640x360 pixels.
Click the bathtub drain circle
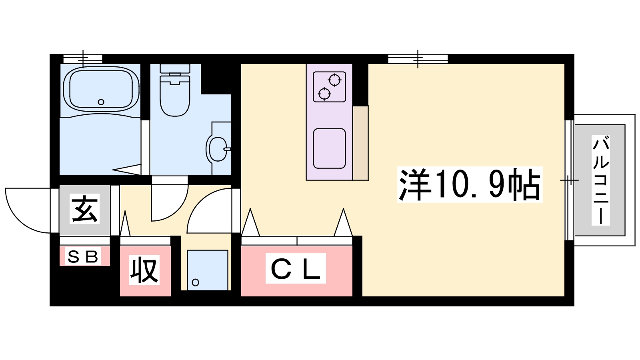click(101, 102)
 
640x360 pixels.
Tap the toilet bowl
click(175, 96)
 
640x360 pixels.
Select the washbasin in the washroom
click(218, 149)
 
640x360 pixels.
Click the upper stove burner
click(334, 80)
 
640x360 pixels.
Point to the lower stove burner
click(324, 94)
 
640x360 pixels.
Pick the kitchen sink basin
click(330, 148)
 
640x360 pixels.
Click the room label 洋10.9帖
click(470, 184)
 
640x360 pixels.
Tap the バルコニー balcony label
click(600, 180)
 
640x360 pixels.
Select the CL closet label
click(296, 268)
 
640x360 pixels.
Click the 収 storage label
click(144, 270)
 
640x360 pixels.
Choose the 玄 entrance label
click(84, 209)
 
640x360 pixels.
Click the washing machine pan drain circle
click(196, 282)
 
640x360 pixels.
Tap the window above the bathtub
click(83, 59)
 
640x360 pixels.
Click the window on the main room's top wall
click(418, 59)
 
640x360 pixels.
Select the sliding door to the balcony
click(570, 180)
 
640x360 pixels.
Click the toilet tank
click(175, 68)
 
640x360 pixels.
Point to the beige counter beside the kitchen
click(360, 143)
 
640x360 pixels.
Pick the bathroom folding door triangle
click(128, 170)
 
